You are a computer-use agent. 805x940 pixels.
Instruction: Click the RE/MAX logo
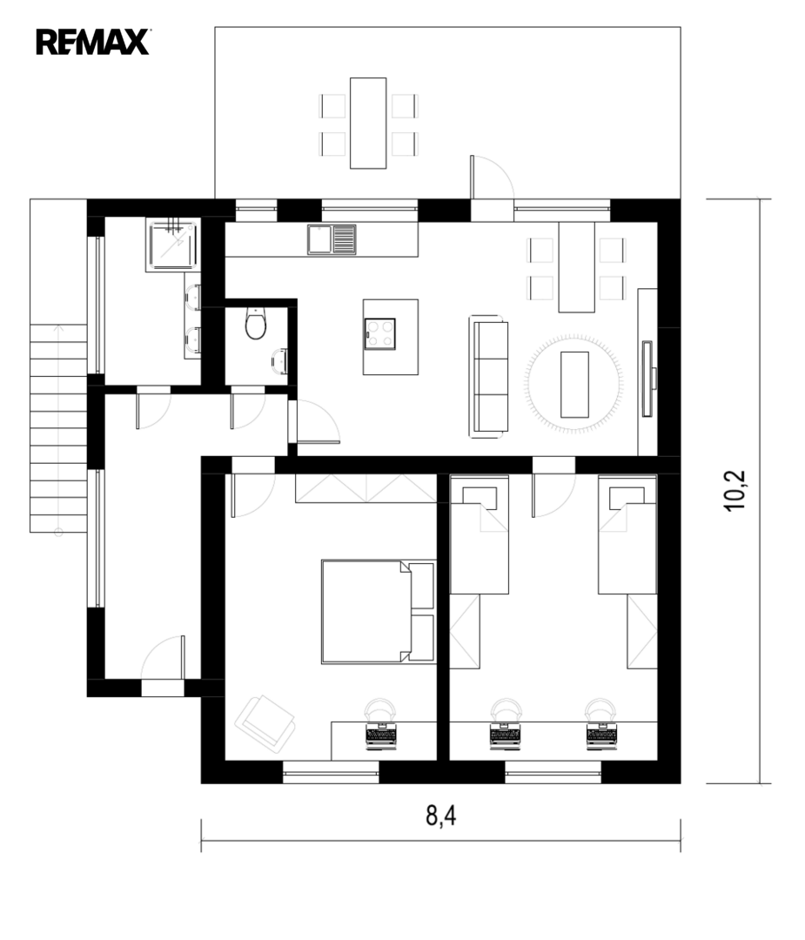[x=92, y=42]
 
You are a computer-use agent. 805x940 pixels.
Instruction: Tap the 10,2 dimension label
[x=735, y=490]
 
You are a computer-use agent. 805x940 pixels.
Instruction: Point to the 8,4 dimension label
[x=440, y=816]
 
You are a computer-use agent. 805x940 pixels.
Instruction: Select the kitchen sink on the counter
[x=332, y=240]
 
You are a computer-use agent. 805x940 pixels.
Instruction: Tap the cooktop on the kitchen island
[x=380, y=334]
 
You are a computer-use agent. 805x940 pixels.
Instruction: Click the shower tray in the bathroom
[x=172, y=245]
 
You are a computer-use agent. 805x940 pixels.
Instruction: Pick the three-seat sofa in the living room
[x=488, y=377]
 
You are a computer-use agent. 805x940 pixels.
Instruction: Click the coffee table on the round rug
[x=574, y=385]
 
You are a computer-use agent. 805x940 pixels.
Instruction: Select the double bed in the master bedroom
[x=379, y=612]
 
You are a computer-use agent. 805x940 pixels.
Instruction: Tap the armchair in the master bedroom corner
[x=265, y=723]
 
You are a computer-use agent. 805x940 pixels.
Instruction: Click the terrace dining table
[x=368, y=123]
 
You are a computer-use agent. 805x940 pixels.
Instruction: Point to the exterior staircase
[x=58, y=427]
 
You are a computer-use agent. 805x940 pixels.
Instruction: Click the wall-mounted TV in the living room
[x=648, y=379]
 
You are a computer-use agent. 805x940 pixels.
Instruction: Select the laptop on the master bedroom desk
[x=380, y=735]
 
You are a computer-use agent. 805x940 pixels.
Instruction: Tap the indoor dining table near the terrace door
[x=577, y=267]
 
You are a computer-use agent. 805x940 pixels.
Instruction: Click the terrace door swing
[x=490, y=177]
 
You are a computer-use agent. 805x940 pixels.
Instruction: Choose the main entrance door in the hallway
[x=163, y=658]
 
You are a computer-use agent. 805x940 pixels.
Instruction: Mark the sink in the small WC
[x=279, y=360]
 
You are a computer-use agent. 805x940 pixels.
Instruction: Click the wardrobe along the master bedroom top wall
[x=366, y=488]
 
